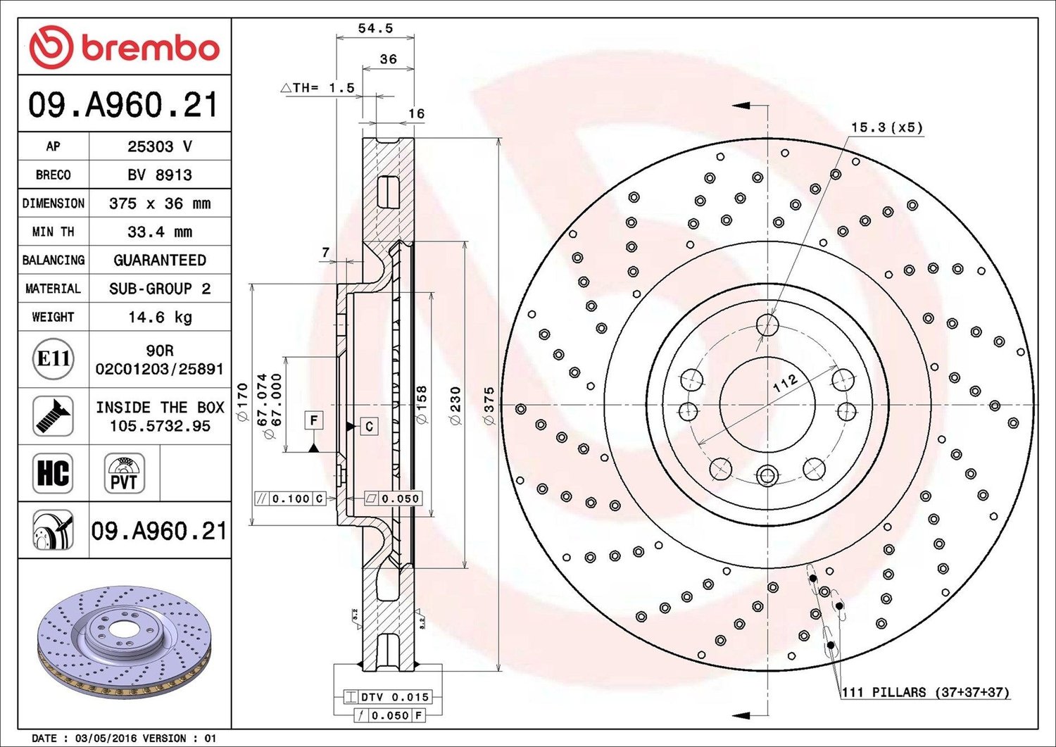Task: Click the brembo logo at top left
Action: tap(125, 47)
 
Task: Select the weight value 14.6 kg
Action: tap(160, 317)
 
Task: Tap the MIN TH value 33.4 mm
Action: tap(160, 232)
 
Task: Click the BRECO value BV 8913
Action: tap(160, 175)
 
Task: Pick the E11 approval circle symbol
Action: tap(54, 359)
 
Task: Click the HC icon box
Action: tap(53, 473)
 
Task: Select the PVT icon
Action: tap(125, 473)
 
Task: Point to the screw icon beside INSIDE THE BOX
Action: tap(53, 416)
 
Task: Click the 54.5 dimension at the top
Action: tap(375, 28)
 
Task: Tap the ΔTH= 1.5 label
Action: tap(317, 88)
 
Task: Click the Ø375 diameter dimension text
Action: tap(489, 406)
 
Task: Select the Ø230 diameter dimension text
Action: tap(455, 406)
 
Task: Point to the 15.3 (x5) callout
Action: tap(887, 127)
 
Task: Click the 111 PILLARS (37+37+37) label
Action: tap(926, 692)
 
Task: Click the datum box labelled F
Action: tap(314, 419)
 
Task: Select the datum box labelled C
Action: tap(369, 427)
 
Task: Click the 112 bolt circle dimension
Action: tap(785, 383)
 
